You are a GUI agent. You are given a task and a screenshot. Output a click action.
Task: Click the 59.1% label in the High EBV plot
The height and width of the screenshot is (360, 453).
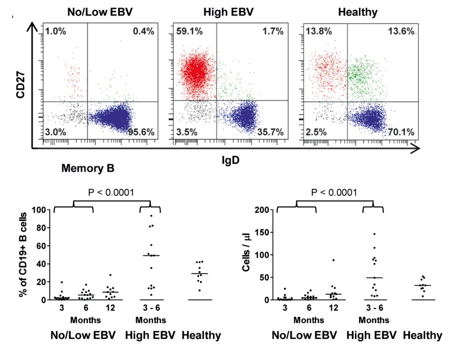pos(188,32)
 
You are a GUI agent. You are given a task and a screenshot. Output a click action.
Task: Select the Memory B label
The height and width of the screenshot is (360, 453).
pos(76,168)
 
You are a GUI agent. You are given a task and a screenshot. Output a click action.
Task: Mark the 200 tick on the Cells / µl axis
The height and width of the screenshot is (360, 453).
pos(264,210)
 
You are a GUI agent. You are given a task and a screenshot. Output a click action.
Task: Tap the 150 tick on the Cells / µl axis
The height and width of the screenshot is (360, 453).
pos(264,232)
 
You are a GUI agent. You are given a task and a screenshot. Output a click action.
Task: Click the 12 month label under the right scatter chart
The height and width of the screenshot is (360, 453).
pos(334,308)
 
